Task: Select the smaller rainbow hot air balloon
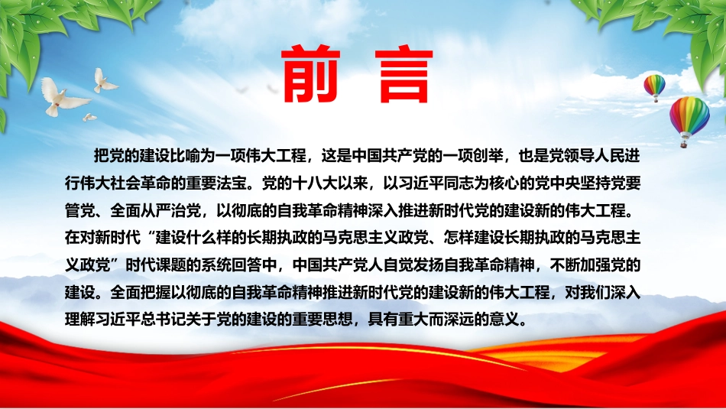point(654,88)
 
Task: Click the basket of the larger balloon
point(683,144)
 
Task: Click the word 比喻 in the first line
point(186,156)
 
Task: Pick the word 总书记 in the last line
point(163,320)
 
